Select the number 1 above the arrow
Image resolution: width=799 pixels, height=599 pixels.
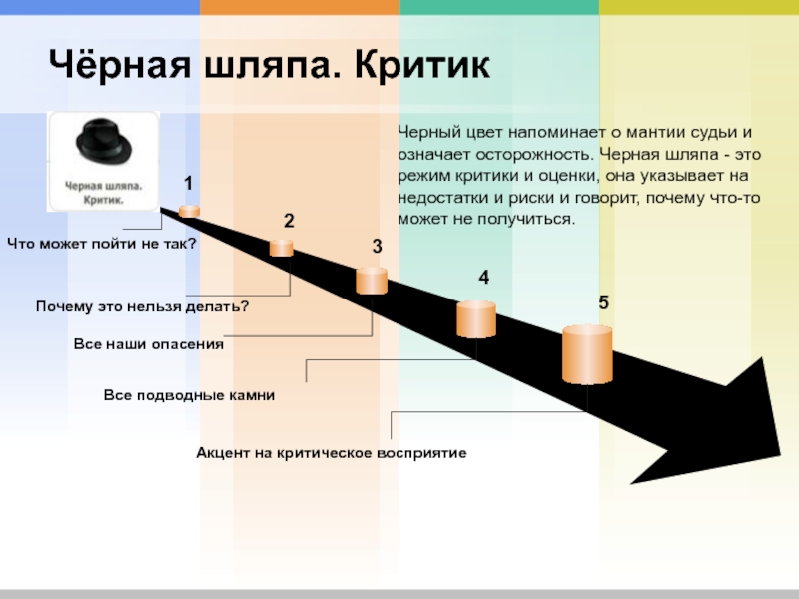coord(187,183)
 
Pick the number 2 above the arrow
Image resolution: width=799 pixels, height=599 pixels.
coord(288,221)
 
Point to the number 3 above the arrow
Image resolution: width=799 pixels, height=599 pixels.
coord(378,246)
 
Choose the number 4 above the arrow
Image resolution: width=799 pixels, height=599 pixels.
coord(483,278)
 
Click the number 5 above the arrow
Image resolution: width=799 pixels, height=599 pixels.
coord(604,302)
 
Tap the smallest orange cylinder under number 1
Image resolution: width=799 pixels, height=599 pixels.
coord(189,210)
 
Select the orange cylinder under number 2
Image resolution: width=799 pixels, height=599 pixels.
coord(281,247)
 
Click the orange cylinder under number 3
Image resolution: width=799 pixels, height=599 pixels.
coord(371,280)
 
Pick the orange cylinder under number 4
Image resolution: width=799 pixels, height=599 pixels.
coord(476,318)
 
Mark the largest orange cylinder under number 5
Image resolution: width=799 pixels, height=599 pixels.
coord(587,354)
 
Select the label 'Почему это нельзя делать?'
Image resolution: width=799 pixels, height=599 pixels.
coord(142,305)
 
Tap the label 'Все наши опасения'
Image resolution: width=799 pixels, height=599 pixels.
coord(148,344)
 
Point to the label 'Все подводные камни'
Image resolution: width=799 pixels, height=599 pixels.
coord(189,396)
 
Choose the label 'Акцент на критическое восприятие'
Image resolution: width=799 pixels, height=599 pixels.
coord(332,453)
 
